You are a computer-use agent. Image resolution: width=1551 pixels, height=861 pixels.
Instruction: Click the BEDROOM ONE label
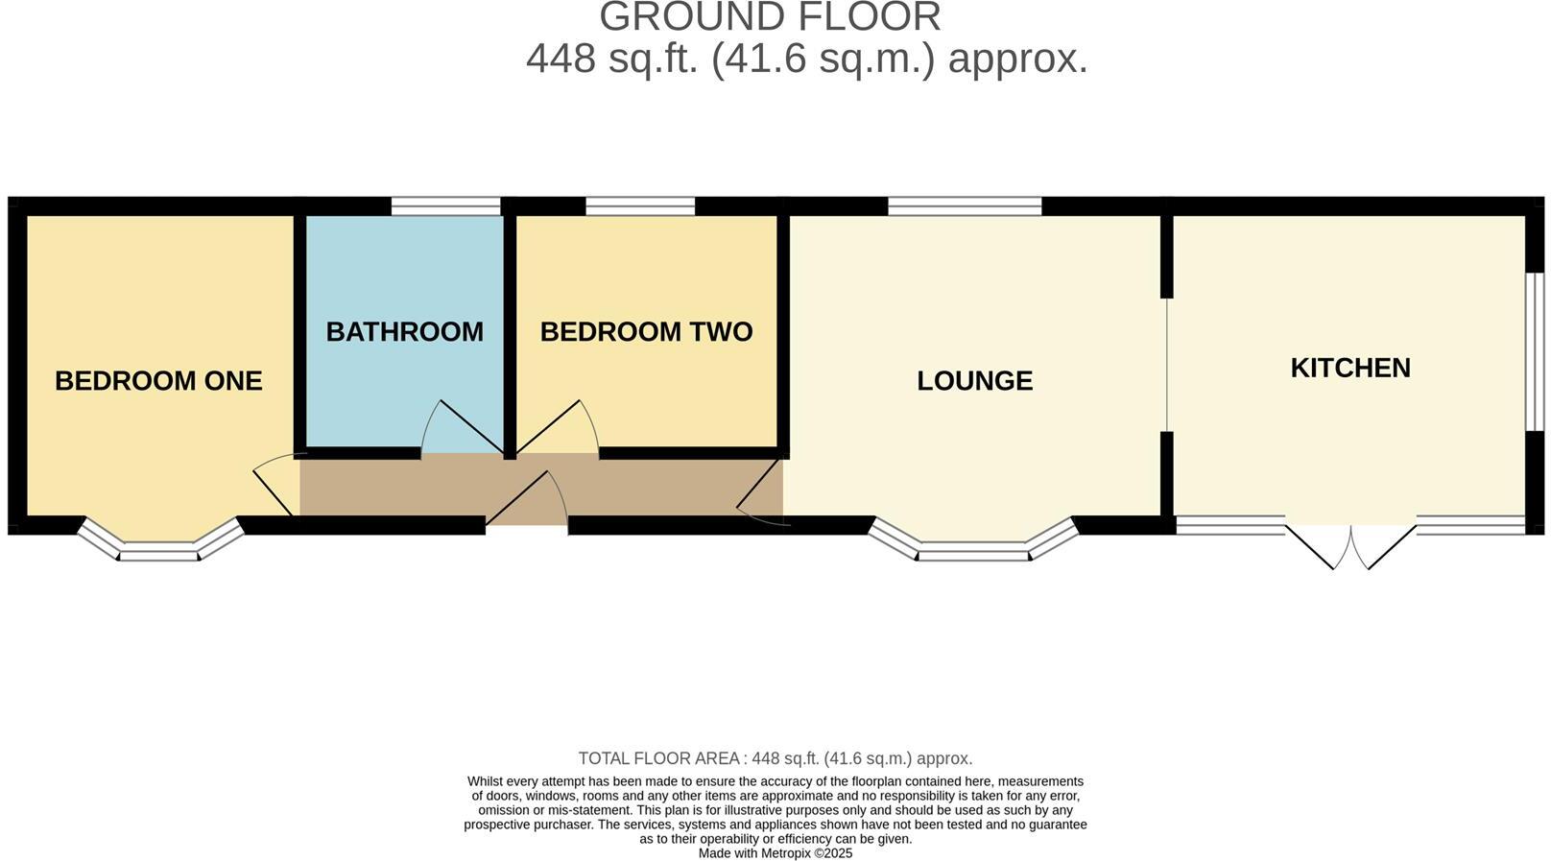tap(158, 381)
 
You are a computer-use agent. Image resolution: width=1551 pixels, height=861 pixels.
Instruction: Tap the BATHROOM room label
tap(404, 332)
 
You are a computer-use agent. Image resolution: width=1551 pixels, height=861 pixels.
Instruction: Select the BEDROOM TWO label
tap(646, 332)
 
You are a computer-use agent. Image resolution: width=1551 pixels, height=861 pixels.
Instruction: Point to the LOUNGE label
tap(974, 381)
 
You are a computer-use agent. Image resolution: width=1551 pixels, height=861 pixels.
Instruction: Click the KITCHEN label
tap(1349, 369)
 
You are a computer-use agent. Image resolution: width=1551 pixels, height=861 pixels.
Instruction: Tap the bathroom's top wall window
tap(446, 205)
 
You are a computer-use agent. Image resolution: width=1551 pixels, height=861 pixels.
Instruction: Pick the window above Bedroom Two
tap(640, 205)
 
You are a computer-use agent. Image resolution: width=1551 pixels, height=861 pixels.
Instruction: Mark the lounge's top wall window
tap(965, 205)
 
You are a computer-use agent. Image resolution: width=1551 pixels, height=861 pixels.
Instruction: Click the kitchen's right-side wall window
tap(1535, 351)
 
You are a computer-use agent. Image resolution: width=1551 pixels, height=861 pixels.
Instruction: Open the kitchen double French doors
tap(1350, 547)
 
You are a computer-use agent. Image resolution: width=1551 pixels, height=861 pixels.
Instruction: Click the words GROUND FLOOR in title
tap(770, 17)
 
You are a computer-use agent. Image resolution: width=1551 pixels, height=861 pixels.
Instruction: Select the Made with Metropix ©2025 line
tap(775, 853)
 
